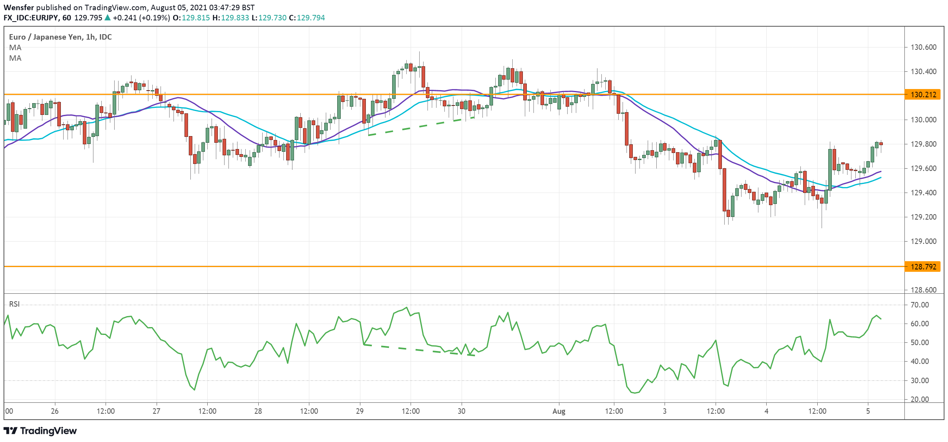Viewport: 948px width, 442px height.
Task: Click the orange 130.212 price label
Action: click(922, 95)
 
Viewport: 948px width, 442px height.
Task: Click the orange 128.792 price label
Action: click(922, 267)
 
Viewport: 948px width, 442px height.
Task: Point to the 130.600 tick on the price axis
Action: click(923, 47)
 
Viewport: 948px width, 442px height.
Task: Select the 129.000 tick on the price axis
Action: click(923, 241)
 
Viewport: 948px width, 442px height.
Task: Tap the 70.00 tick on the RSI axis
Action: click(920, 305)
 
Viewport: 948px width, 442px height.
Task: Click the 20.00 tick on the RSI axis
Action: click(920, 399)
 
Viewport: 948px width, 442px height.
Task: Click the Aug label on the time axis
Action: click(559, 411)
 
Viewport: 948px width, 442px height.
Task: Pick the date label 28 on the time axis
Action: click(258, 411)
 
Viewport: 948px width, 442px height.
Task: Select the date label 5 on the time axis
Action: click(868, 411)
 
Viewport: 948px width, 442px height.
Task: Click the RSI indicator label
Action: click(15, 304)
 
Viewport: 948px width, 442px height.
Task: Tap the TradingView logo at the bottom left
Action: click(40, 431)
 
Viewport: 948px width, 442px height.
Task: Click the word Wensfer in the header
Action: click(18, 7)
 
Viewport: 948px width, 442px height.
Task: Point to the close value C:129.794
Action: click(307, 18)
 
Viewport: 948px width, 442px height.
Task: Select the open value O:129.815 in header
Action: click(191, 18)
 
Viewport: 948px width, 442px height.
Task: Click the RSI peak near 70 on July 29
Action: click(407, 308)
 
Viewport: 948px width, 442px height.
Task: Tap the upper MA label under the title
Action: click(15, 47)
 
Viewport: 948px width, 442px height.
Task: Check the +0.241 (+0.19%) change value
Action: click(141, 18)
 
